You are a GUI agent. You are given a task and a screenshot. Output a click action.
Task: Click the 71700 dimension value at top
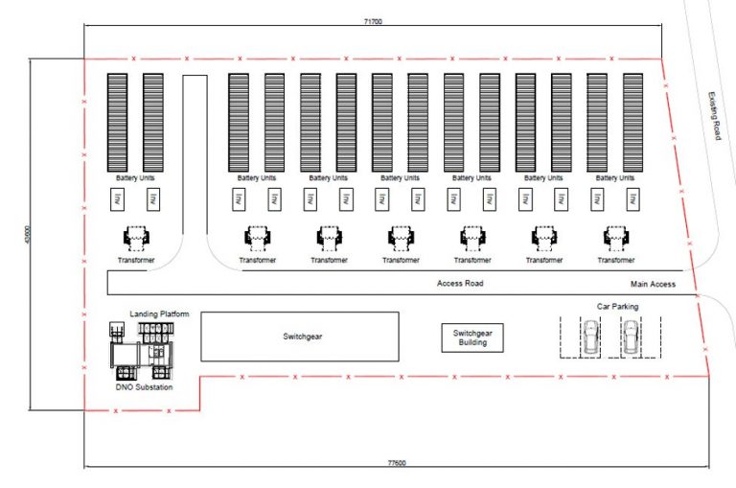point(374,20)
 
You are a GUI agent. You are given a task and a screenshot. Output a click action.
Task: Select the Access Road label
point(460,284)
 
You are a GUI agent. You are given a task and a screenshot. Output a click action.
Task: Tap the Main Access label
point(653,284)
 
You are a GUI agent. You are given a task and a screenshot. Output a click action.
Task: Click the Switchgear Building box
point(472,337)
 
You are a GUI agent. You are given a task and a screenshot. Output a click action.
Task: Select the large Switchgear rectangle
point(299,337)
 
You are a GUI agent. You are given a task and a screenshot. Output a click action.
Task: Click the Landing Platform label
point(159,314)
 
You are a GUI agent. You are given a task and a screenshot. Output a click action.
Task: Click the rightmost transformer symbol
point(614,237)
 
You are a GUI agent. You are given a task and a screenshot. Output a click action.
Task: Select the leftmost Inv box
point(117,199)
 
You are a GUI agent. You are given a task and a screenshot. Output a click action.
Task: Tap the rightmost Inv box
point(632,199)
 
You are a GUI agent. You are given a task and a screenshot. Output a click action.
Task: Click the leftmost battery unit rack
point(117,122)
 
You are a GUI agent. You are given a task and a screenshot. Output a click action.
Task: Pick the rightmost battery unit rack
point(632,122)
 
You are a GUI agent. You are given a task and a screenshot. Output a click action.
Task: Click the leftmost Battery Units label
point(135,177)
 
